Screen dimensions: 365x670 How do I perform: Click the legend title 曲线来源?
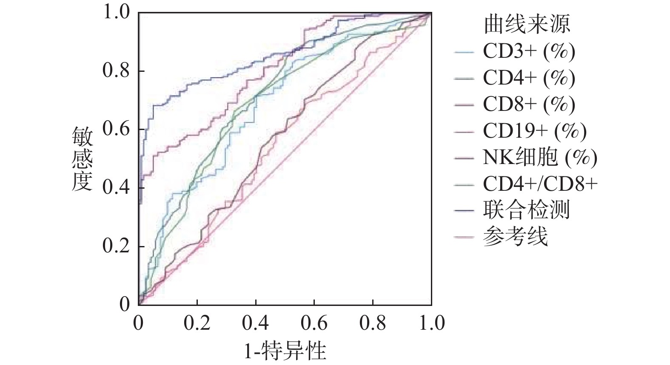point(527,24)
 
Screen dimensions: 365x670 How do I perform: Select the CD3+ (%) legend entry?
point(529,51)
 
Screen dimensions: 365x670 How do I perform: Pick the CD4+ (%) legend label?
point(529,78)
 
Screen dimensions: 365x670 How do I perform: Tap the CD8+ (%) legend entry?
point(529,104)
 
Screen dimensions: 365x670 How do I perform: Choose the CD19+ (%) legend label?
point(534,131)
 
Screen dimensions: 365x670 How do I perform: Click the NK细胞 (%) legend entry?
point(540,158)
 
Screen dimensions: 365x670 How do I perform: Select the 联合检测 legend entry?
point(526,210)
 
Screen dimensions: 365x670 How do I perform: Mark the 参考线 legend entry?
point(515,236)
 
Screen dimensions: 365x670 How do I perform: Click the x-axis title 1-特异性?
point(285,351)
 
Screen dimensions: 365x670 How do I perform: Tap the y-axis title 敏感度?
point(82,158)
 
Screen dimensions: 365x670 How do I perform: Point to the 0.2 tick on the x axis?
point(197,323)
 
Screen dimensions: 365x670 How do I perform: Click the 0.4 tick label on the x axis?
point(256,323)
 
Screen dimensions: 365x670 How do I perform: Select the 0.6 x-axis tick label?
point(314,323)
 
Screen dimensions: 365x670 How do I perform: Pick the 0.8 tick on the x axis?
point(373,323)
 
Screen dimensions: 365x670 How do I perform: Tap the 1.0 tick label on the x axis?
point(431,323)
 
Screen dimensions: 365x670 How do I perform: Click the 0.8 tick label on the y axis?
point(116,71)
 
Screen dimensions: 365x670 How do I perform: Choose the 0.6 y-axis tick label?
point(116,129)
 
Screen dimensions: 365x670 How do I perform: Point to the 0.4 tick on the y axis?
point(116,188)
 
